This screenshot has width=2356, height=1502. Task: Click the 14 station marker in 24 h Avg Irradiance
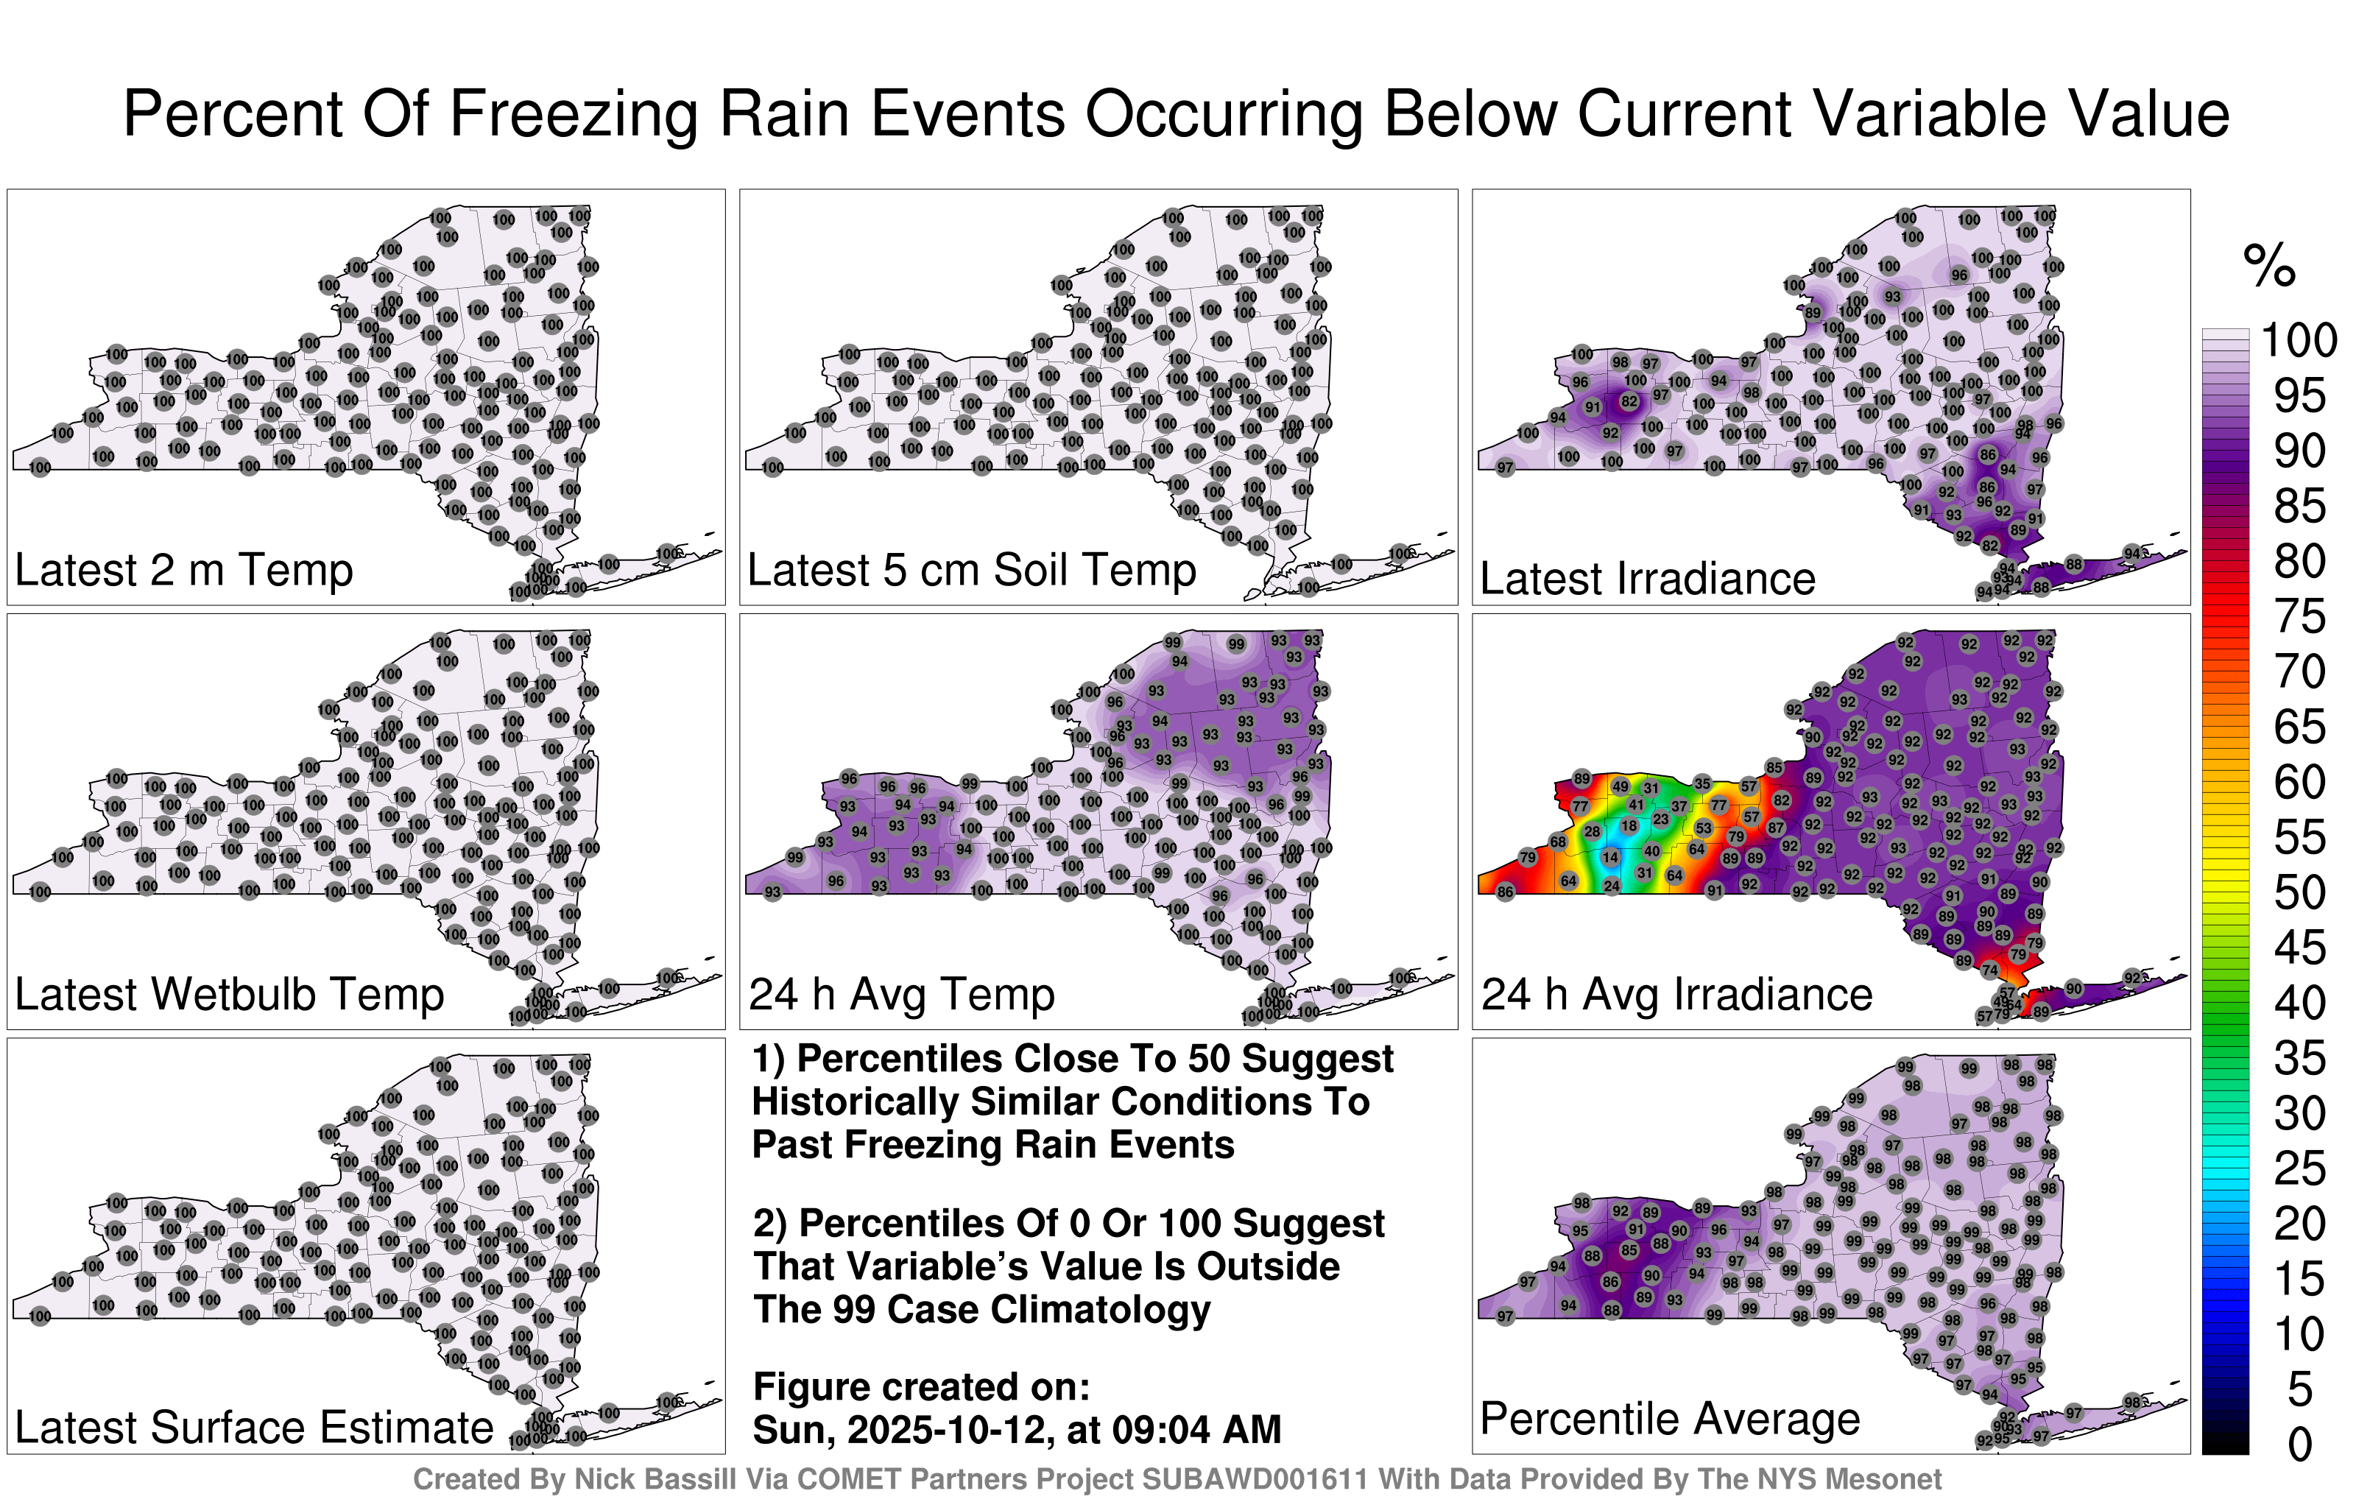1610,857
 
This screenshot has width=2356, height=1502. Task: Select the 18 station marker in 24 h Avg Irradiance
1628,826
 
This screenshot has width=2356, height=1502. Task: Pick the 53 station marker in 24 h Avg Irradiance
1704,828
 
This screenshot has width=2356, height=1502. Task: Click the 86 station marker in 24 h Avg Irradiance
1505,892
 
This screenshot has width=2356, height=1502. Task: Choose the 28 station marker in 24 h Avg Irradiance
1592,832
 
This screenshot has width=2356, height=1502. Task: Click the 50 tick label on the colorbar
2299,892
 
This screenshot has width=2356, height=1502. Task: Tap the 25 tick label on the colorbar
2299,1168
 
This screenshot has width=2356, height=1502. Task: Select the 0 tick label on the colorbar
2300,1445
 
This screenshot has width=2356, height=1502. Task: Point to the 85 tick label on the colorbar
2299,506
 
